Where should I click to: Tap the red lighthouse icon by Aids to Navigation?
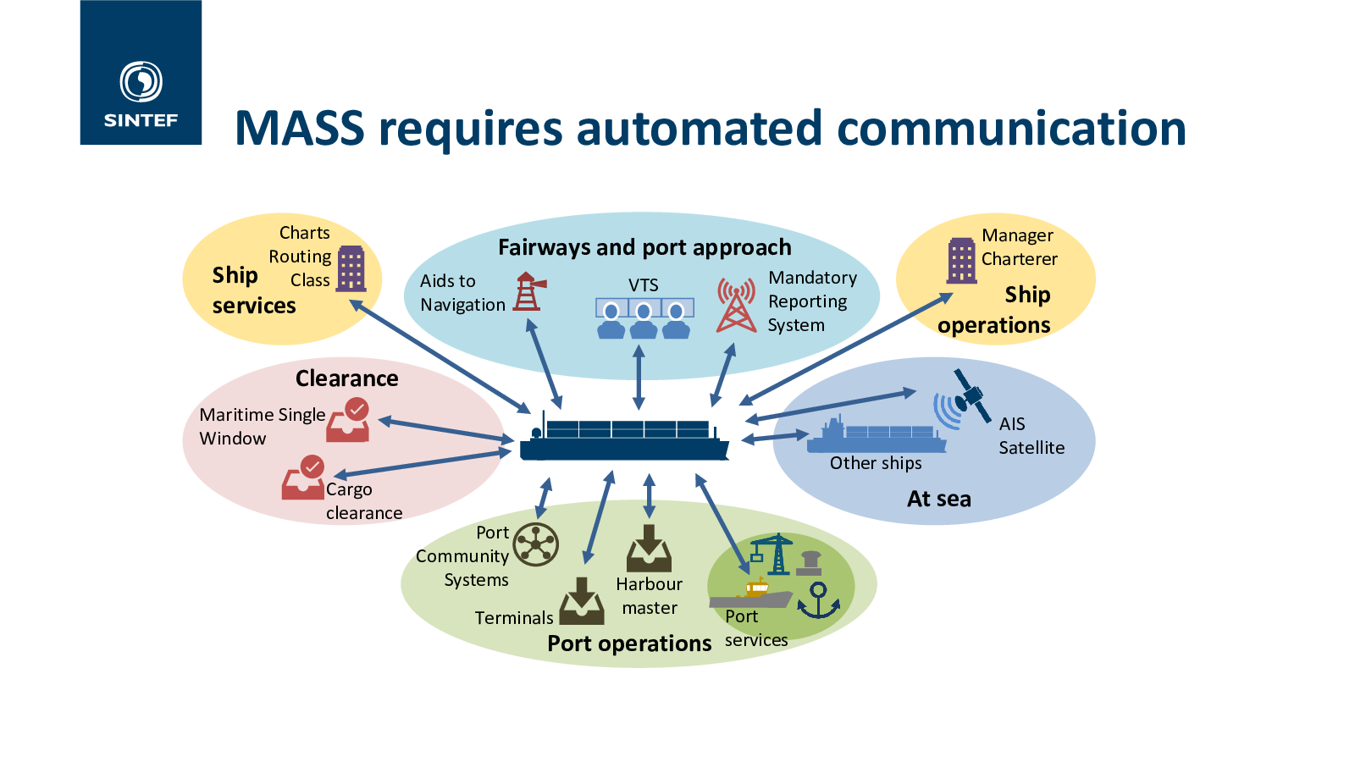click(x=528, y=291)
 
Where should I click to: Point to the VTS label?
click(x=643, y=285)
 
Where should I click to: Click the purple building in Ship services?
click(x=351, y=268)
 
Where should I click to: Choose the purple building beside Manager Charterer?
click(x=962, y=260)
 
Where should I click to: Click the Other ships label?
click(x=876, y=463)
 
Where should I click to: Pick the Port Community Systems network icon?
click(x=536, y=544)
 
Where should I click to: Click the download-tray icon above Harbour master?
click(x=649, y=549)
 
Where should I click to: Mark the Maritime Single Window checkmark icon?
click(x=349, y=421)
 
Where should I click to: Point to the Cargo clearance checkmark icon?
click(x=303, y=478)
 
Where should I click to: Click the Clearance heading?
click(x=346, y=378)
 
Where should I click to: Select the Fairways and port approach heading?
click(x=644, y=247)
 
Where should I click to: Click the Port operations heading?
click(x=629, y=643)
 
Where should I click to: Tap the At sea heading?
click(x=938, y=499)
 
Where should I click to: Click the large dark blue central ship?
click(x=624, y=440)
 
